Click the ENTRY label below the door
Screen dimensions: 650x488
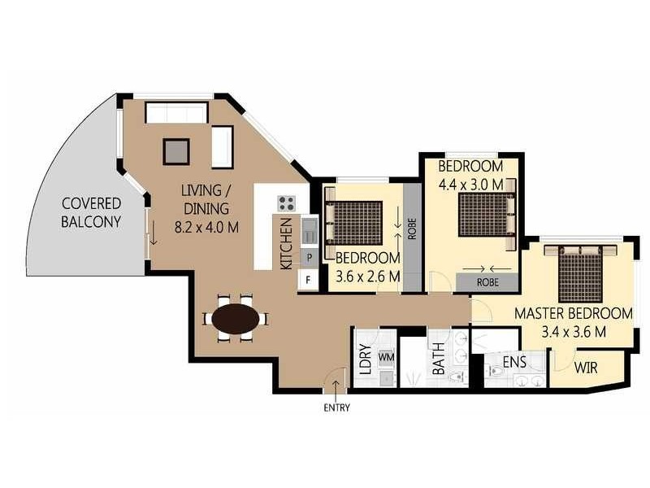[x=336, y=407]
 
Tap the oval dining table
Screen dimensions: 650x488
[x=236, y=319]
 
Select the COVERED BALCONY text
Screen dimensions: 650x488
[x=91, y=212]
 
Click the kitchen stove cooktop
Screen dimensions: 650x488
[x=287, y=203]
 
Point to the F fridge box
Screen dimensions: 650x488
[x=308, y=280]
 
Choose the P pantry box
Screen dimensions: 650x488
[x=310, y=258]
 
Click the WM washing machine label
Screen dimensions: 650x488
[x=386, y=356]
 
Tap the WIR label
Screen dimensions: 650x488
[x=586, y=368]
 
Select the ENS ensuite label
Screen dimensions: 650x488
[x=514, y=362]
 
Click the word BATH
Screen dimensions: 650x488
[x=438, y=359]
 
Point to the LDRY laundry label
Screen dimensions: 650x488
[x=365, y=359]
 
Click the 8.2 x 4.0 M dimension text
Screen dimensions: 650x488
[x=206, y=228]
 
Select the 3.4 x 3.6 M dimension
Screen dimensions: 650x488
[x=574, y=332]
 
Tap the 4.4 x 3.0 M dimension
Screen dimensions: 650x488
[x=471, y=185]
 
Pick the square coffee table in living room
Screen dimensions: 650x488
[x=176, y=151]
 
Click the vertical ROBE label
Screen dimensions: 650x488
[x=412, y=229]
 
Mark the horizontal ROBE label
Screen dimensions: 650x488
[x=487, y=282]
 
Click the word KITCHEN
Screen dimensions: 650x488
[x=287, y=244]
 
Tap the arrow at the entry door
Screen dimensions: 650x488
[x=336, y=387]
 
